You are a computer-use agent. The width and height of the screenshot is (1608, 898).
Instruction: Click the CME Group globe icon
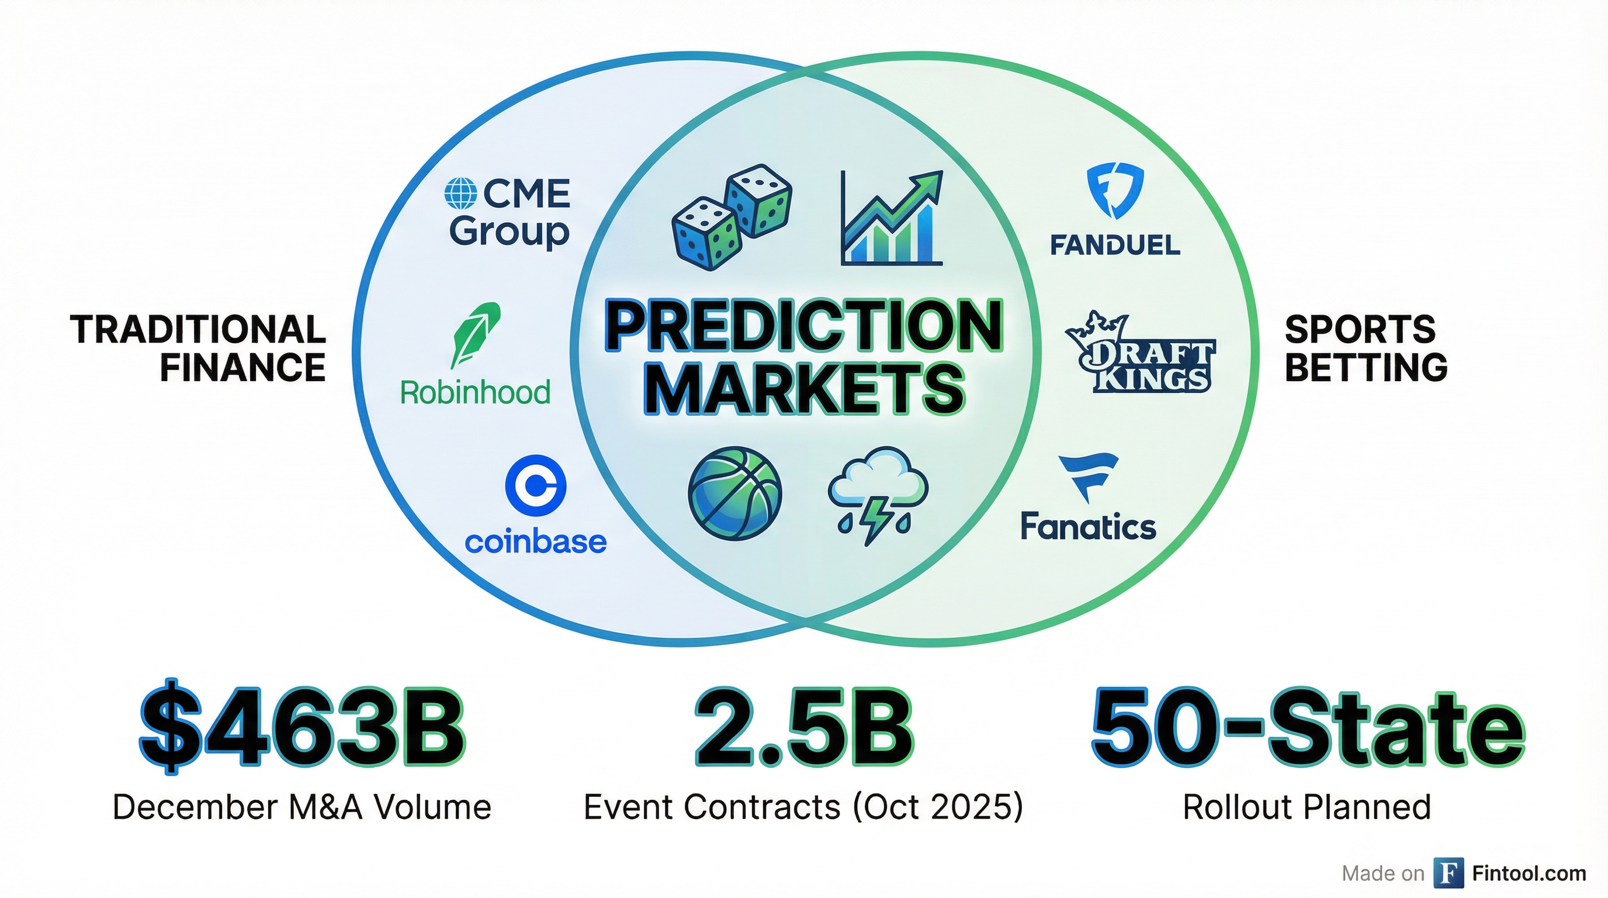460,194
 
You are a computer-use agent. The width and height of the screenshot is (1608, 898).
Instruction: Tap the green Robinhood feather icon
476,335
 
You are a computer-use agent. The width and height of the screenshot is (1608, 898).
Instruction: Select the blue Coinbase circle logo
535,485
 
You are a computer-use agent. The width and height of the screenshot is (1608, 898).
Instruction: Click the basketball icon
734,493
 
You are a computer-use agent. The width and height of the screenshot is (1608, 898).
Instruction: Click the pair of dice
732,217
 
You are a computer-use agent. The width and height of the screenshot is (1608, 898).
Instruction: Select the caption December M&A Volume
302,807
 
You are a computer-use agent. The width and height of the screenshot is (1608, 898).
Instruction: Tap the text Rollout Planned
1307,807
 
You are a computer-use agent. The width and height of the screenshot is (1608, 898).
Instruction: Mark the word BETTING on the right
1366,367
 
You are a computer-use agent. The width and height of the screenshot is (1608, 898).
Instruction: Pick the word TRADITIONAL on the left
198,329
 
